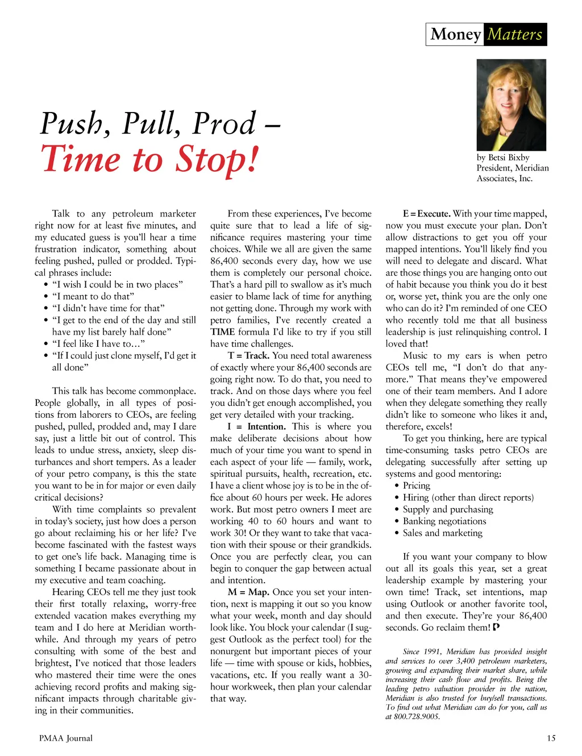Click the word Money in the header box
(x=456, y=34)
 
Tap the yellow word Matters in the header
(x=515, y=34)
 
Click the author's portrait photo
(x=511, y=105)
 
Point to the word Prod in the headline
(x=224, y=123)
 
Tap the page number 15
(x=551, y=738)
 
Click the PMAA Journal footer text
(x=66, y=738)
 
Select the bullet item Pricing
(x=417, y=485)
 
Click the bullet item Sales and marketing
(x=442, y=533)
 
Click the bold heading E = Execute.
(x=426, y=214)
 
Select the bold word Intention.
(x=266, y=426)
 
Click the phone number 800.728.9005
(x=417, y=717)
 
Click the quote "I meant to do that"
(x=93, y=296)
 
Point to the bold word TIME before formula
(x=222, y=332)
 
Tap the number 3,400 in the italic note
(x=465, y=661)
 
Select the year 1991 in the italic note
(x=430, y=651)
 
